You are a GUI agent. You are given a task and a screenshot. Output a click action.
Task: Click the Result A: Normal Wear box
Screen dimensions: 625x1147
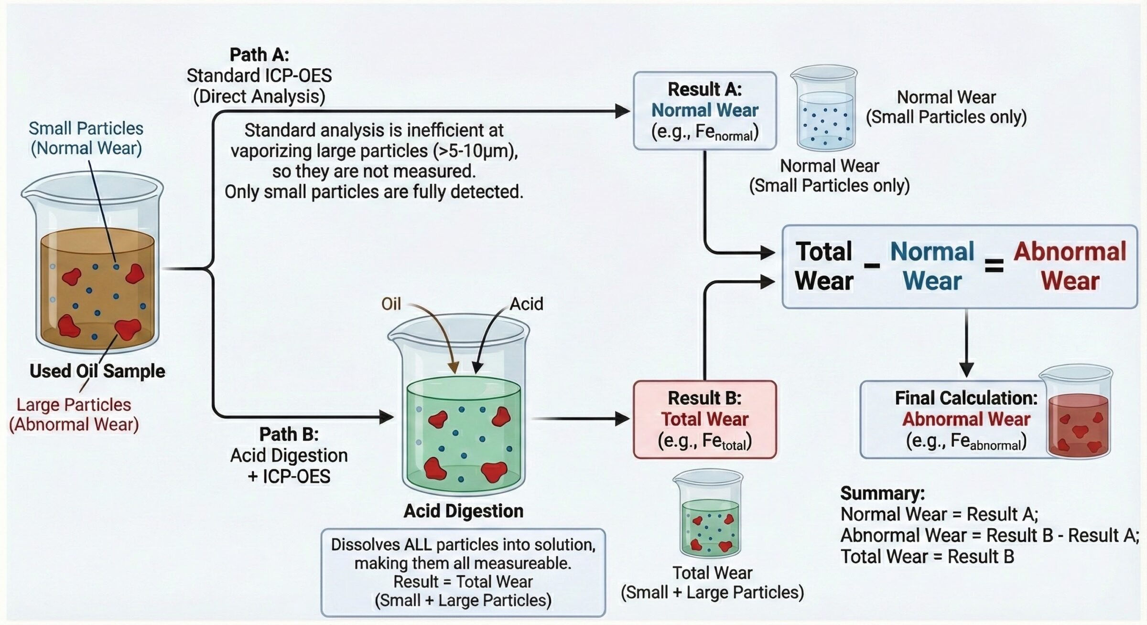(x=704, y=111)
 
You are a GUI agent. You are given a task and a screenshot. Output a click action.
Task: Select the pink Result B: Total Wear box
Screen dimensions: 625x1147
(x=704, y=419)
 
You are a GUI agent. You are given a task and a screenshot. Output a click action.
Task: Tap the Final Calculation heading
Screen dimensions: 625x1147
(x=966, y=398)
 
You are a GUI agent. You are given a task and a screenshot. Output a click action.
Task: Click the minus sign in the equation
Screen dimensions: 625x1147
(x=872, y=266)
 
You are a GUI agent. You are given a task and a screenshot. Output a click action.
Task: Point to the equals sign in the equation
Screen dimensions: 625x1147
(x=994, y=266)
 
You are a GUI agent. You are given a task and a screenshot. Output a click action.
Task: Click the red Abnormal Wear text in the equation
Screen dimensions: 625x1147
(x=1070, y=266)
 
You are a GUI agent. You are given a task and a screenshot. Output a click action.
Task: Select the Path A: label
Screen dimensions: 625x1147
(x=259, y=55)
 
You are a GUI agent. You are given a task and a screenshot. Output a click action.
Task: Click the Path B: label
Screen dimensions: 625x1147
(x=289, y=434)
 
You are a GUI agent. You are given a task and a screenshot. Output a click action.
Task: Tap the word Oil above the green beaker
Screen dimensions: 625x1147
(x=391, y=304)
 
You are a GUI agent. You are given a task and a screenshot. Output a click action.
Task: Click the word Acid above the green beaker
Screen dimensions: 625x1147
(x=526, y=304)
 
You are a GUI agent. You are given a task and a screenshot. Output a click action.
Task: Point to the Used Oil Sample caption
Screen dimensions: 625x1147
(x=97, y=371)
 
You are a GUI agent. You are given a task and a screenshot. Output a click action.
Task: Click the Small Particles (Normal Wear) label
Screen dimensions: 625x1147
(x=86, y=138)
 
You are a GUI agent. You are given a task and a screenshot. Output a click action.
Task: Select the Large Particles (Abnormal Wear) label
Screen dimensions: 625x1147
(x=74, y=414)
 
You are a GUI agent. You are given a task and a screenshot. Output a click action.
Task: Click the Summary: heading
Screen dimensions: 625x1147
(x=882, y=493)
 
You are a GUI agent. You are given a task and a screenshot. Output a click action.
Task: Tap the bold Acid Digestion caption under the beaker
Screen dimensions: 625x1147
(x=463, y=511)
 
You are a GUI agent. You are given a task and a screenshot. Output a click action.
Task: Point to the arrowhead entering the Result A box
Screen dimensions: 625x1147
(x=623, y=111)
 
